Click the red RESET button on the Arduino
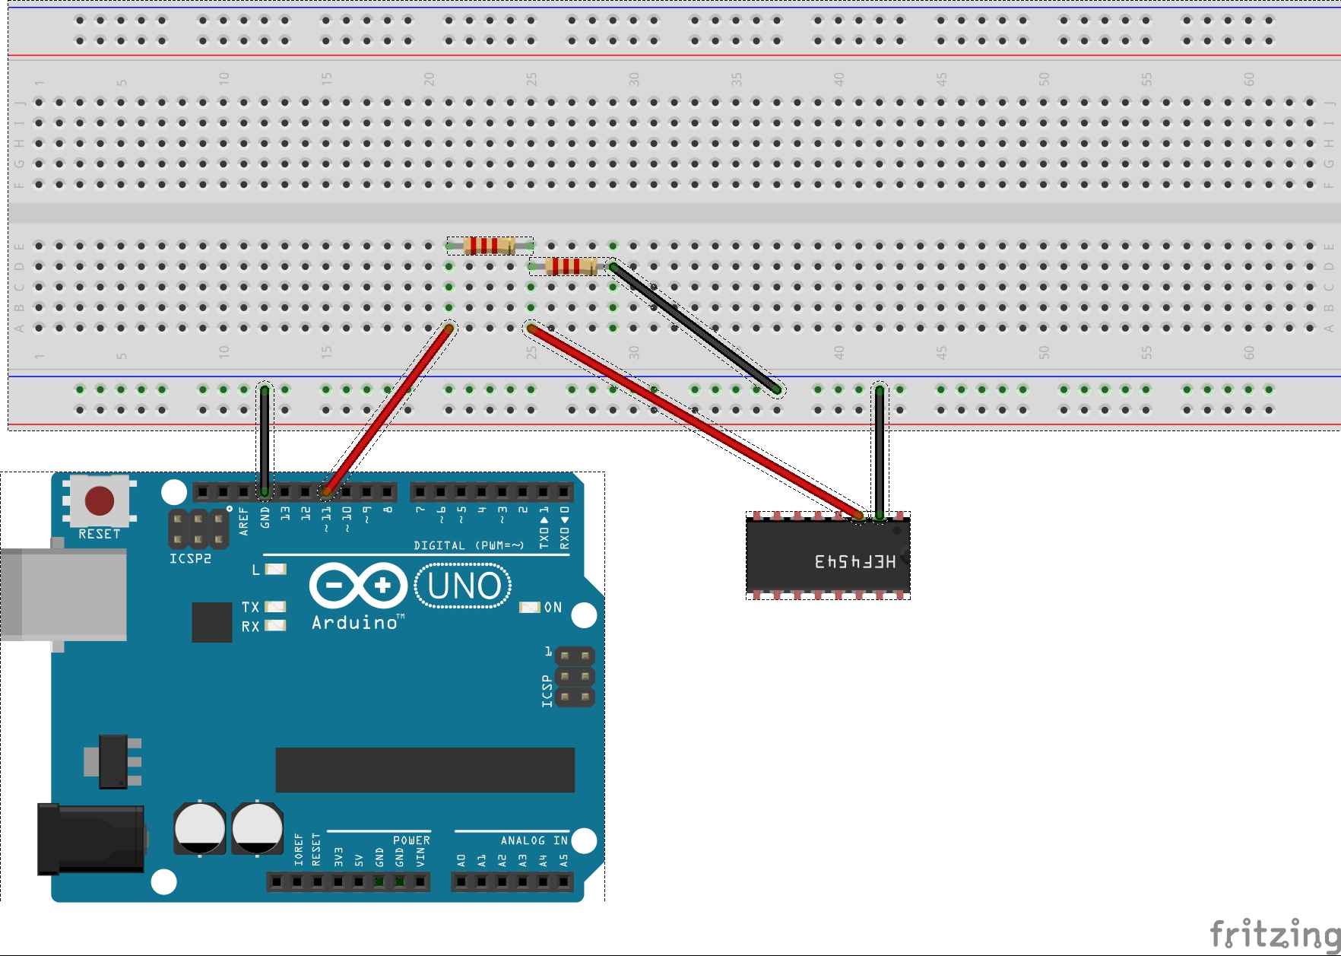100,500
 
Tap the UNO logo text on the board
464,586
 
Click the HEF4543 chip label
855,561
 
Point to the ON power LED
529,607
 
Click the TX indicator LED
275,606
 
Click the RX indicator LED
275,626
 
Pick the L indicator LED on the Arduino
276,569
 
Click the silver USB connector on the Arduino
65,594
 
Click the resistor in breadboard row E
490,246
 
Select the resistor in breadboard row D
572,266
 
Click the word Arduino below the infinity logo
355,623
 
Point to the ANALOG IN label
534,840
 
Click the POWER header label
411,840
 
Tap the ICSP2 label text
190,558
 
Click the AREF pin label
244,522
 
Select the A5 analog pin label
563,861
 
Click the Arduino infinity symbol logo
358,586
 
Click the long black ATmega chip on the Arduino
425,770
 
